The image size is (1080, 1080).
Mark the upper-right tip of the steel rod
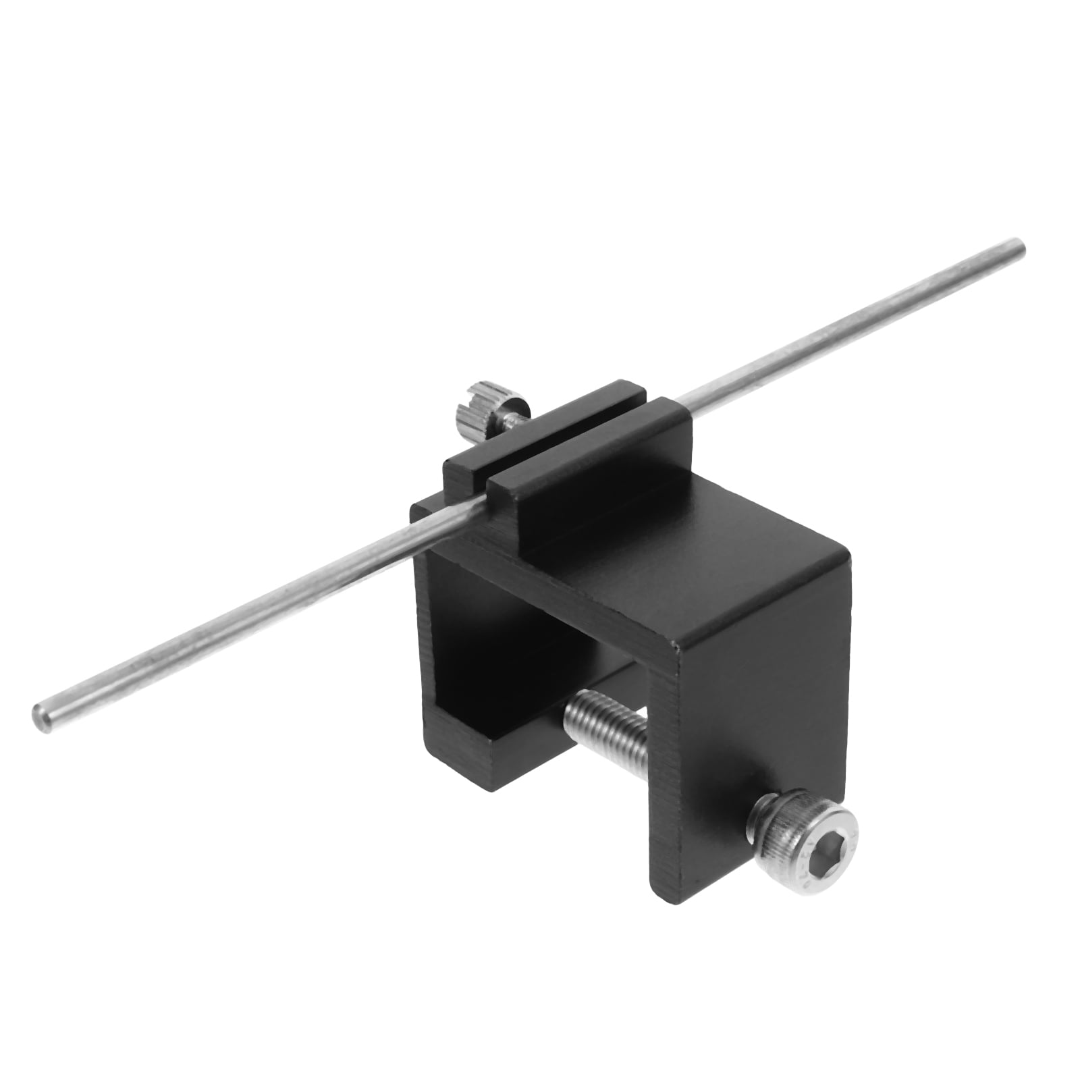[1019, 246]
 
